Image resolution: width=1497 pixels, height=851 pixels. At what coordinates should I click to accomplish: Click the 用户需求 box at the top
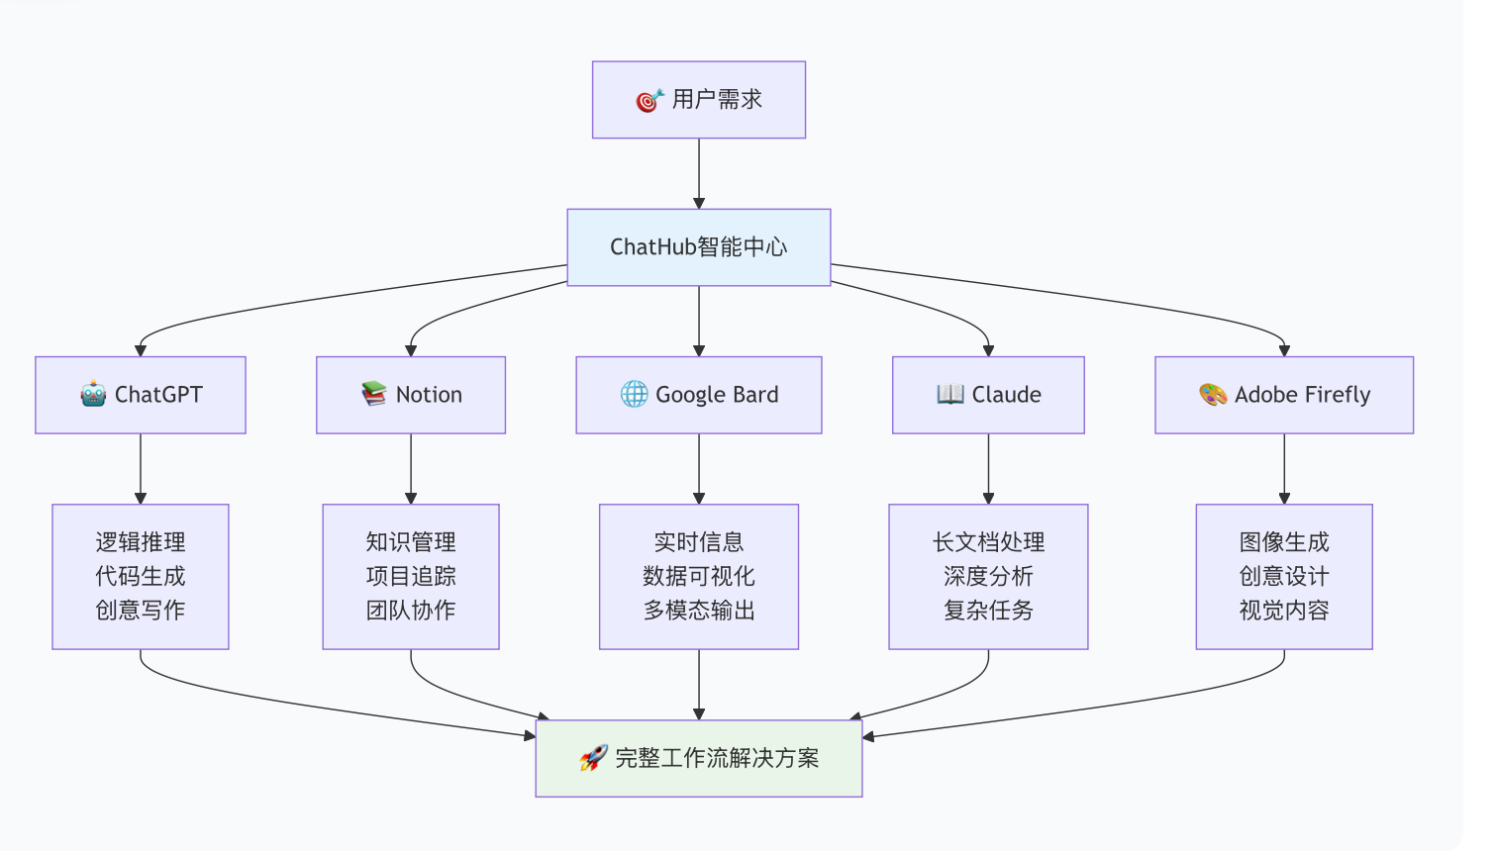[699, 100]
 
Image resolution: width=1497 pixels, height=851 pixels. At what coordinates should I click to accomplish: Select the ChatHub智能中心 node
[699, 247]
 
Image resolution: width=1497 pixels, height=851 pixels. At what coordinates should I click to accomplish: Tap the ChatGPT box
[141, 395]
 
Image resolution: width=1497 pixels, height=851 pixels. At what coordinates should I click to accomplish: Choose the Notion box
[411, 395]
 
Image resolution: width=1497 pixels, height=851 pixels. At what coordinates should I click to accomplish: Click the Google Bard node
[699, 395]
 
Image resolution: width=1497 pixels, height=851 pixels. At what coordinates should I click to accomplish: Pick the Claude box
[988, 395]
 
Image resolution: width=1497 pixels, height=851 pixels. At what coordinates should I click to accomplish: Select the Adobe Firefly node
[1284, 395]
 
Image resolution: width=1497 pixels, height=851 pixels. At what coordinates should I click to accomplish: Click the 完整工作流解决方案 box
[699, 759]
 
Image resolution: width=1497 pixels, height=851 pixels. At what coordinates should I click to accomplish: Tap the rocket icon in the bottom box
[594, 759]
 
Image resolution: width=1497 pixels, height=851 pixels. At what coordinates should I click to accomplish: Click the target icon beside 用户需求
[649, 100]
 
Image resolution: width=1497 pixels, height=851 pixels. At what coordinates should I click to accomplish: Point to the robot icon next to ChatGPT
[93, 395]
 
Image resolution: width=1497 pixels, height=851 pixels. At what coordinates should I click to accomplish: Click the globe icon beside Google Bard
[634, 395]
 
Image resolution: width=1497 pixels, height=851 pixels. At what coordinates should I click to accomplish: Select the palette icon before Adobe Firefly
[1213, 395]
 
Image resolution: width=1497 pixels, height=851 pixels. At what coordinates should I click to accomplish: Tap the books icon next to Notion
[374, 395]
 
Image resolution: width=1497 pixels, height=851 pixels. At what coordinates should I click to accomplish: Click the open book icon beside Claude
[950, 395]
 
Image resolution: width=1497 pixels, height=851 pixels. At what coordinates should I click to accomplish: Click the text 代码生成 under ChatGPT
[141, 577]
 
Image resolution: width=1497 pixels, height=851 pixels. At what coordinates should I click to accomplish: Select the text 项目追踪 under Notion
[411, 577]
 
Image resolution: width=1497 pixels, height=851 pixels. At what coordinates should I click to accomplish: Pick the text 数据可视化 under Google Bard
[699, 577]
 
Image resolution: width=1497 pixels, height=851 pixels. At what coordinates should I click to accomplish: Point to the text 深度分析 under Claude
[988, 577]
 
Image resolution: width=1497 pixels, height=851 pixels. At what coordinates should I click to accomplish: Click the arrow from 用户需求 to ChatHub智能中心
[699, 174]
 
